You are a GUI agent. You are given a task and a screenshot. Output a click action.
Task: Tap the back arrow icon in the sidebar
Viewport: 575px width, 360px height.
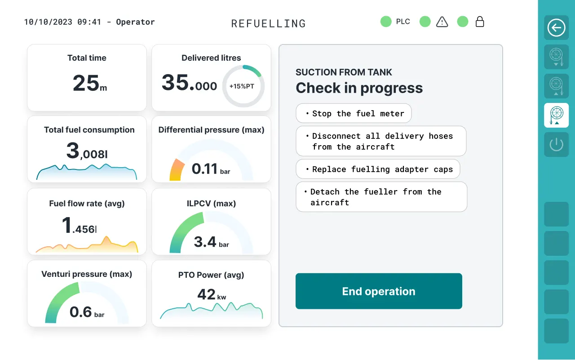pyautogui.click(x=556, y=27)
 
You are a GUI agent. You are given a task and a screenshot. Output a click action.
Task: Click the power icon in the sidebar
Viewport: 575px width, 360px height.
pyautogui.click(x=556, y=144)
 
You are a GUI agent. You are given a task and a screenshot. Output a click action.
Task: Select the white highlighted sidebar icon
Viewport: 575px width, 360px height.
pyautogui.click(x=556, y=116)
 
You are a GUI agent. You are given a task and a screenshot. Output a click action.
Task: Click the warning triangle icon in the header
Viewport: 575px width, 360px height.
pyautogui.click(x=442, y=22)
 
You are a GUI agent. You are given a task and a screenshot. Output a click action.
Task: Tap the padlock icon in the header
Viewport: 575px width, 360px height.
pyautogui.click(x=479, y=22)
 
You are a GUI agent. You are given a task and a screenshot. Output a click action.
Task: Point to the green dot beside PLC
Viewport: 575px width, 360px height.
pyautogui.click(x=386, y=22)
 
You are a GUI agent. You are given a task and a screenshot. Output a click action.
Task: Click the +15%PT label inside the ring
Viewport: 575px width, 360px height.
pyautogui.click(x=242, y=86)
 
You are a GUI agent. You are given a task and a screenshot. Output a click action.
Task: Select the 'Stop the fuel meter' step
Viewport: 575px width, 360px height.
pyautogui.click(x=354, y=113)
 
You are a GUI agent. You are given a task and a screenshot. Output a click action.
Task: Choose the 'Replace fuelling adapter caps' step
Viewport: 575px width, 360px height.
pyautogui.click(x=378, y=169)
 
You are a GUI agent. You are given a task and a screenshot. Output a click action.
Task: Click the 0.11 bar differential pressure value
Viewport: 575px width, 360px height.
pyautogui.click(x=211, y=169)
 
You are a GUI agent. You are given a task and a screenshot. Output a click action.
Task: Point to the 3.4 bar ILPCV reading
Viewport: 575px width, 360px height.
pyautogui.click(x=211, y=242)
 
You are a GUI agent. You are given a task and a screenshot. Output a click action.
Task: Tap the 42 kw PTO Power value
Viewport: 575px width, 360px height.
pyautogui.click(x=212, y=294)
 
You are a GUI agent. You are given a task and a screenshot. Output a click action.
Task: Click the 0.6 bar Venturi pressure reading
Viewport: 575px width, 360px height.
pyautogui.click(x=87, y=312)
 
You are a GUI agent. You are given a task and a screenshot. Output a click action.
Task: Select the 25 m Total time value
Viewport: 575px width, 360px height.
pyautogui.click(x=89, y=83)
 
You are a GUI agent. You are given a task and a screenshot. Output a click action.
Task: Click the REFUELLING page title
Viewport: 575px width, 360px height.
pyautogui.click(x=269, y=24)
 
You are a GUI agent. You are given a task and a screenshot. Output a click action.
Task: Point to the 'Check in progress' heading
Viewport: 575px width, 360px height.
pyautogui.click(x=359, y=88)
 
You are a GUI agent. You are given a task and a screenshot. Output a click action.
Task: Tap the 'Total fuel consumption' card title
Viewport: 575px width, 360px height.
pyautogui.click(x=89, y=130)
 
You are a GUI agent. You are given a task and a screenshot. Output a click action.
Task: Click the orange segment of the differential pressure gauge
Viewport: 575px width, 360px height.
pyautogui.click(x=177, y=170)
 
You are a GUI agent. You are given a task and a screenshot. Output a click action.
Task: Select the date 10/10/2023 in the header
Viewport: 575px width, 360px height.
pyautogui.click(x=48, y=22)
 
